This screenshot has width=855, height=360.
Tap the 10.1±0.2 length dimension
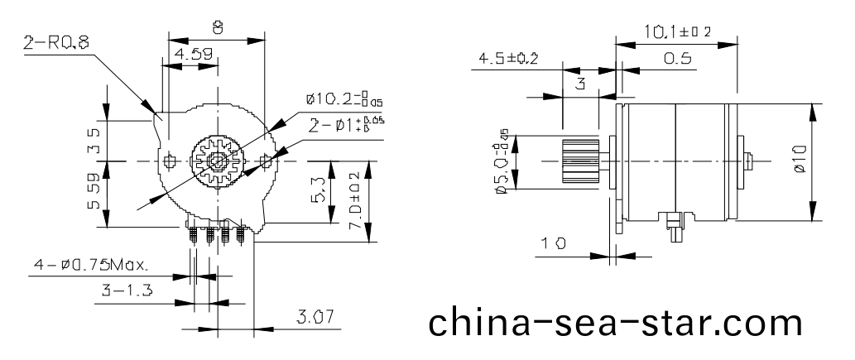[x=678, y=32]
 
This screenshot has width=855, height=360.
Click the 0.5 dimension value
[x=676, y=60]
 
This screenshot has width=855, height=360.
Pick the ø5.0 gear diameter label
[x=502, y=161]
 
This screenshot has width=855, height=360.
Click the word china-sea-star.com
[x=615, y=321]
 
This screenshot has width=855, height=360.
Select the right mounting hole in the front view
[x=266, y=159]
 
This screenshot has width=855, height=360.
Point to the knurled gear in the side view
[x=580, y=161]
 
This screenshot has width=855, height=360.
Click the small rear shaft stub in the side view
[x=750, y=161]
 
